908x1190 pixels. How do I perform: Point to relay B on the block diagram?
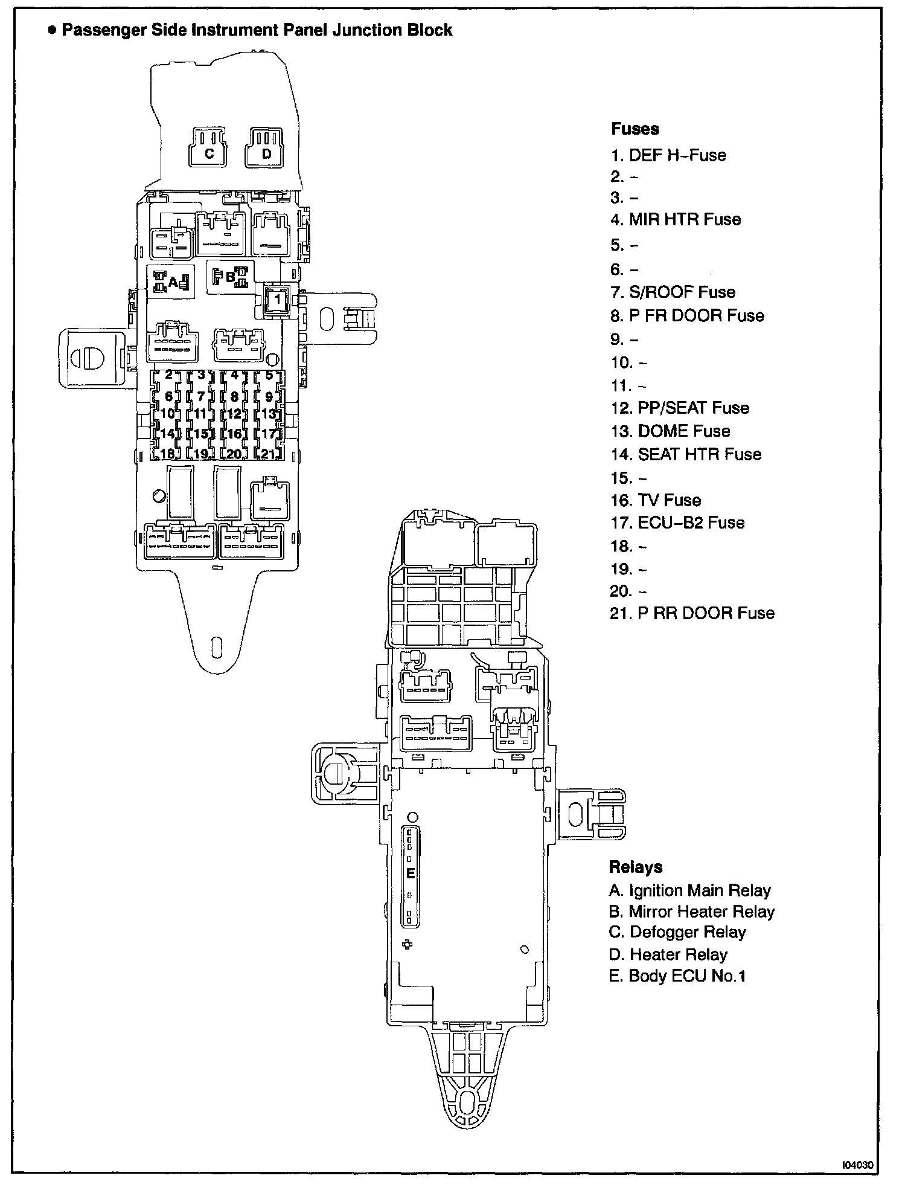tap(230, 277)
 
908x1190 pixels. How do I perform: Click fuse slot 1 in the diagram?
tap(277, 299)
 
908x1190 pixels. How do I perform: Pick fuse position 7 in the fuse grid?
tap(201, 397)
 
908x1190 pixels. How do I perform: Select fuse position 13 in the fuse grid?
tap(268, 414)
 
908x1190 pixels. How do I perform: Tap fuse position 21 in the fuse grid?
tap(268, 454)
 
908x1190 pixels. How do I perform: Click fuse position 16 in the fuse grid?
tap(234, 434)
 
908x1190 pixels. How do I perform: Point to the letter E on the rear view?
tap(411, 873)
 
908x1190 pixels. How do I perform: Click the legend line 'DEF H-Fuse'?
tap(668, 155)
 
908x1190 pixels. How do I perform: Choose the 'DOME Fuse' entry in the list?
tap(670, 431)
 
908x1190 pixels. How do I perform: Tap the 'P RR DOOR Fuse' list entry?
tap(692, 613)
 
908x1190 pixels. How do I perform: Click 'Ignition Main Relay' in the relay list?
tap(690, 890)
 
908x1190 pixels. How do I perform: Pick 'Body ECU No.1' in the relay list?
tap(677, 976)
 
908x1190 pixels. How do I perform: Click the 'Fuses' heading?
tap(635, 129)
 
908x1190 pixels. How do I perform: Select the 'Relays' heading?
tap(636, 867)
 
